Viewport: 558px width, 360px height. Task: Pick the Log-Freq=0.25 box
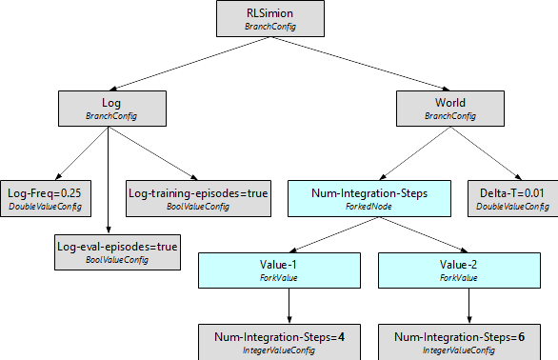[x=44, y=198]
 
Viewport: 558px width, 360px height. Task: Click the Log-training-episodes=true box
[x=198, y=198]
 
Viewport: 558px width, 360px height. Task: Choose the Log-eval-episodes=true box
[x=117, y=252]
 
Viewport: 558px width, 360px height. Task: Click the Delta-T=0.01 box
[x=511, y=198]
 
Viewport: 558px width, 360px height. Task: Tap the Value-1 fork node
[x=288, y=270]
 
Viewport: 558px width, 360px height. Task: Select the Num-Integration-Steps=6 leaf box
[x=460, y=342]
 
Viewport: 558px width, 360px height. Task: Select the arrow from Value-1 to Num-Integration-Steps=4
[x=288, y=306]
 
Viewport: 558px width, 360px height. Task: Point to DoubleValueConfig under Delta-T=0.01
[x=511, y=206]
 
